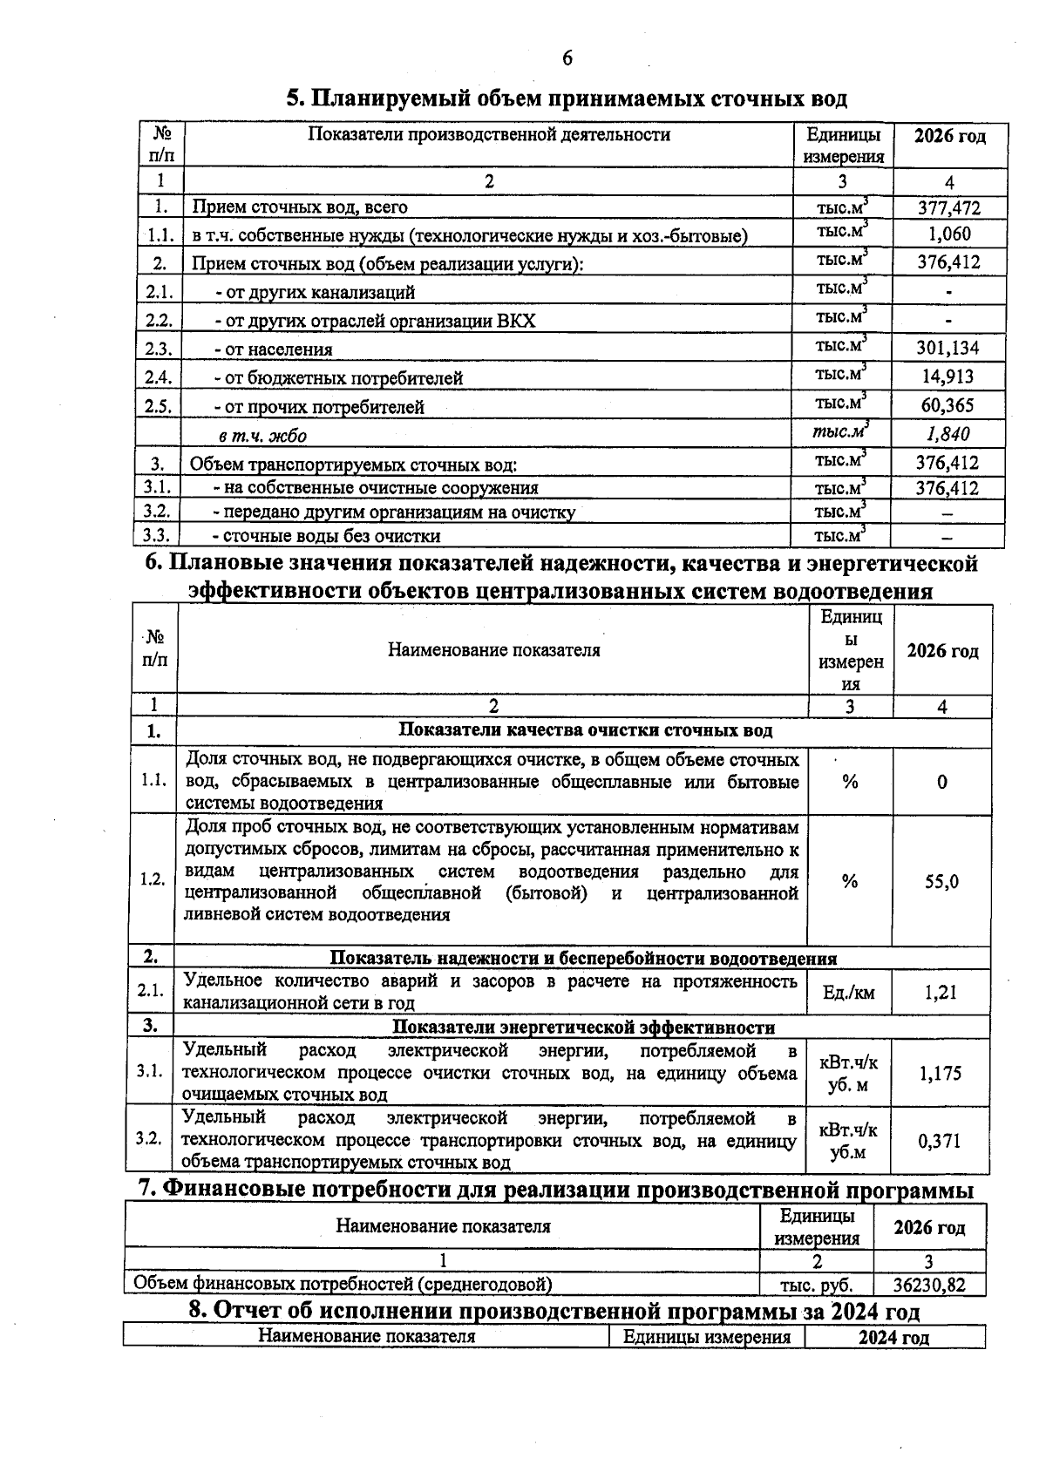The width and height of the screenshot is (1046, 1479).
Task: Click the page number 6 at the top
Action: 567,58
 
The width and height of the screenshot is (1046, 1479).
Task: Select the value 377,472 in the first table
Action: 948,207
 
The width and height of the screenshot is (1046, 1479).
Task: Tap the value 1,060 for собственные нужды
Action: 948,234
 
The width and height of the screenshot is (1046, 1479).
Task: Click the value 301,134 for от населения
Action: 948,349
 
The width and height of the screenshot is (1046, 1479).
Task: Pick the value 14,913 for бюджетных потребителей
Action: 948,377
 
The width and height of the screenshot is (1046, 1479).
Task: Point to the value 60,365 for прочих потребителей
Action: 948,405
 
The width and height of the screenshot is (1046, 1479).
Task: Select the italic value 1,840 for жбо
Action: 948,434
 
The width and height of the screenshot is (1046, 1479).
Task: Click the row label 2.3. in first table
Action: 160,349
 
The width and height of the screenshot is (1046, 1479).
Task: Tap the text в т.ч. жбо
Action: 261,436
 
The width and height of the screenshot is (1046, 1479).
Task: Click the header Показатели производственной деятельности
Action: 489,135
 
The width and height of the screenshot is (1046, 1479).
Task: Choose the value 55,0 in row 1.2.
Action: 941,881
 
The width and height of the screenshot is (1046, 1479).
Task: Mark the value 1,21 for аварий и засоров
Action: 941,992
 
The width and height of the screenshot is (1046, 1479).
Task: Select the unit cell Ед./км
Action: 848,993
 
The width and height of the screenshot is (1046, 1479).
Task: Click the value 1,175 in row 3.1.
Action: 941,1073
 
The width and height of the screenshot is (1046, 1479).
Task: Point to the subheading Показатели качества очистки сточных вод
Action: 585,730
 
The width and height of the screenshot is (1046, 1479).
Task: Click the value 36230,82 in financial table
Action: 929,1285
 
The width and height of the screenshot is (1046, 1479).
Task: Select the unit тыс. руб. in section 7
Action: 816,1285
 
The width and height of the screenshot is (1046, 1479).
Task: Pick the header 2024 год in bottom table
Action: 893,1338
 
